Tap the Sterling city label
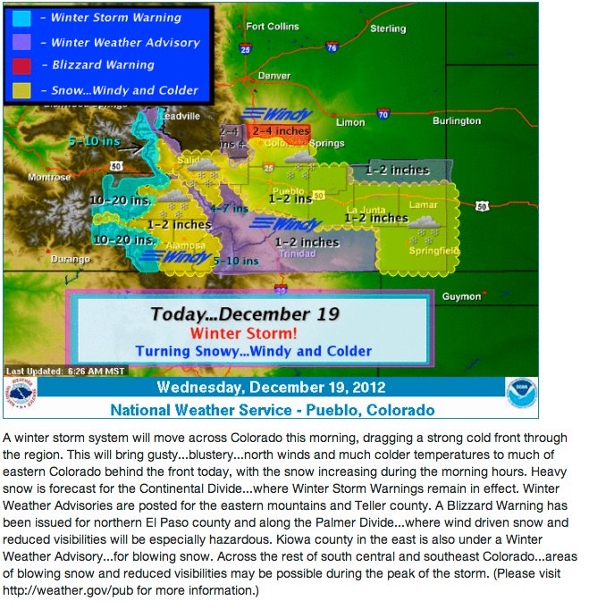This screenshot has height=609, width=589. pos(387,29)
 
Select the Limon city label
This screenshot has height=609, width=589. pos(350,122)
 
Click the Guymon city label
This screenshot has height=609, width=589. pos(461,296)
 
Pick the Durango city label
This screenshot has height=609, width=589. pos(72,259)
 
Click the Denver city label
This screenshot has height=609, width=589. pos(273,76)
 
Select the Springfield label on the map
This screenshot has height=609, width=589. pos(434,252)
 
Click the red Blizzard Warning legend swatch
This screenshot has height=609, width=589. pos(24,65)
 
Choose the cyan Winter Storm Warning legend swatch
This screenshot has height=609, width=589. pos(24,18)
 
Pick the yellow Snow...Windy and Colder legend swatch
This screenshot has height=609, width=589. pos(24,89)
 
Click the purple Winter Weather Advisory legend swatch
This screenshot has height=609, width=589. pos(24,42)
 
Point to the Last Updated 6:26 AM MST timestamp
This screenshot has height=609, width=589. pos(66,371)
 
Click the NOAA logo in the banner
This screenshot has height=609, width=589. pos(521,392)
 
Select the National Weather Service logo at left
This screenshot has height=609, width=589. pos(21,394)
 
